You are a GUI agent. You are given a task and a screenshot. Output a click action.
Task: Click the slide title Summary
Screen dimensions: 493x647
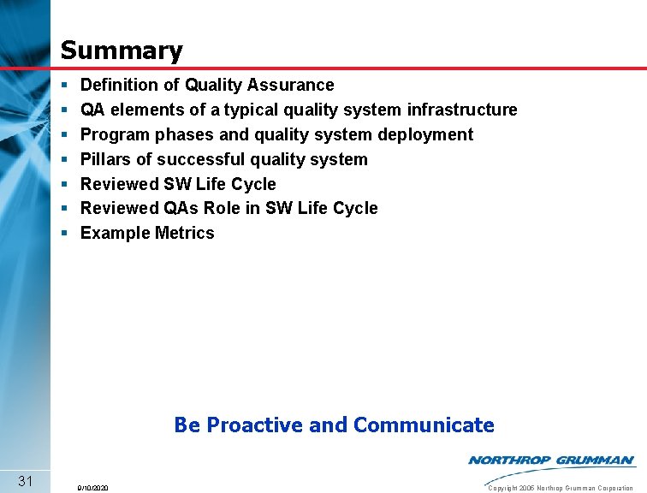pos(122,50)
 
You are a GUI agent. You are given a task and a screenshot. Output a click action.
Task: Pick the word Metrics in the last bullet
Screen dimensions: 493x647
pos(185,233)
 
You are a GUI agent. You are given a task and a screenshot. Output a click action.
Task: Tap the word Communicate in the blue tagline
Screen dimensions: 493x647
pos(423,425)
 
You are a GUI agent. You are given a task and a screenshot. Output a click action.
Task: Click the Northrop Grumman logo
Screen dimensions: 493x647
pos(551,460)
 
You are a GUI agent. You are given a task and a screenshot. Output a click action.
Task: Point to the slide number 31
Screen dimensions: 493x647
pos(25,480)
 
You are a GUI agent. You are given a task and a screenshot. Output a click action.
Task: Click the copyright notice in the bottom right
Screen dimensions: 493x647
pos(560,488)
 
